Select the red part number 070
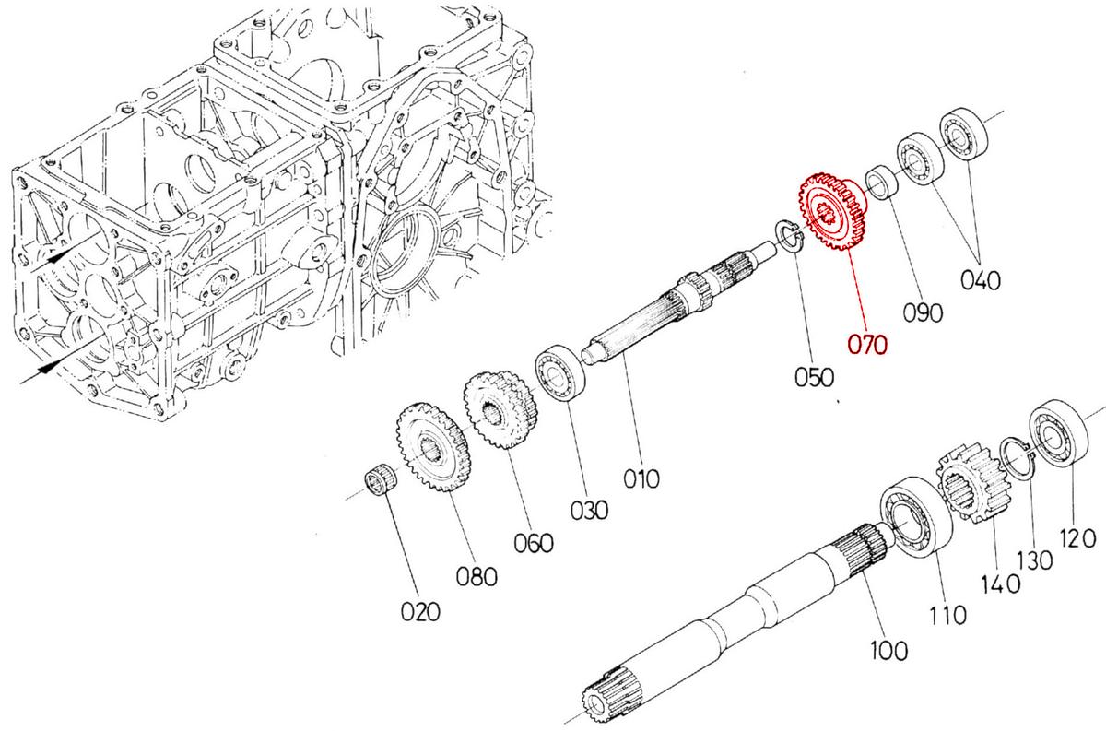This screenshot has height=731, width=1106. click(866, 345)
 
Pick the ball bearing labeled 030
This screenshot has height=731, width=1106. click(561, 372)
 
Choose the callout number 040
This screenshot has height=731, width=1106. click(980, 279)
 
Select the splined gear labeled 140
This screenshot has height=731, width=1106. click(973, 486)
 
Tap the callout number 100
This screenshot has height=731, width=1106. click(888, 650)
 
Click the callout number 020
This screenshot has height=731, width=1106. click(419, 611)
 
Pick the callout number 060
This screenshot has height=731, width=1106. click(534, 543)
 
